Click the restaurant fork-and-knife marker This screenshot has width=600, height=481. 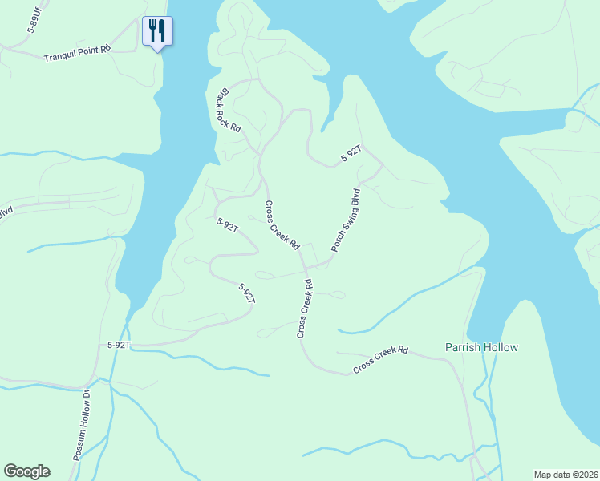coord(157,32)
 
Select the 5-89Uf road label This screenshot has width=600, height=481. coord(33,21)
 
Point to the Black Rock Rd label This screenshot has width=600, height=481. coord(229,110)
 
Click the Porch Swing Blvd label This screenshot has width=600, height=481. coord(346,220)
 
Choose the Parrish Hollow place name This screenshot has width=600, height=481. coord(481,347)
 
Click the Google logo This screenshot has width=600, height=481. coord(26,471)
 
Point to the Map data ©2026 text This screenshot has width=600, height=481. coord(566,475)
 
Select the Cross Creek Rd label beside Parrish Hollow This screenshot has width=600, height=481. coord(381,361)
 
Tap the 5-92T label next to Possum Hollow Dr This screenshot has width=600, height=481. coord(119,345)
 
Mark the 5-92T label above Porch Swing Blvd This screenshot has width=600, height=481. coord(351,153)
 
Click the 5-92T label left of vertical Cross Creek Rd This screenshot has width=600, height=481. coord(247,293)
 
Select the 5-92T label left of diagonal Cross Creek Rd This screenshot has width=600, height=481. coord(228,226)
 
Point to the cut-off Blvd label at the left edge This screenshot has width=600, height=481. coord(6,213)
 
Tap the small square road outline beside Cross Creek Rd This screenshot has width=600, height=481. coord(309,255)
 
